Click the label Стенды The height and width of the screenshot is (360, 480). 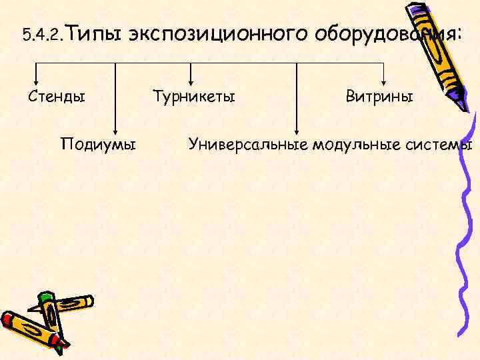click(57, 97)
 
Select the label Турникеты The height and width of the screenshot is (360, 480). click(194, 97)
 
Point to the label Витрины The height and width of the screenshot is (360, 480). click(379, 97)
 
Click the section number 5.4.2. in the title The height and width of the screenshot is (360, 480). click(43, 34)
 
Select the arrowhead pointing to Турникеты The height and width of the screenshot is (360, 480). click(191, 78)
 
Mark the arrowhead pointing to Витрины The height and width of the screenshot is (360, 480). click(383, 78)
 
